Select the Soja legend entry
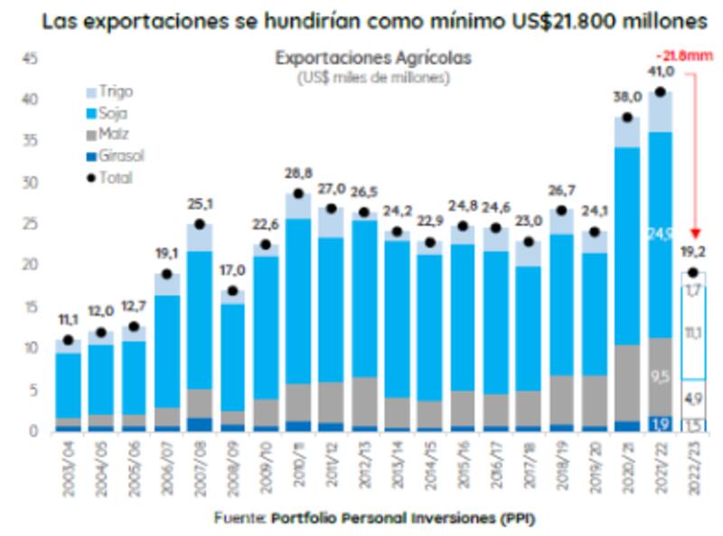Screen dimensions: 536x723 click(113, 113)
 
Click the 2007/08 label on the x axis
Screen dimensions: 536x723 click(200, 465)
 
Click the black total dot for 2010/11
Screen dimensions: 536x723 click(297, 193)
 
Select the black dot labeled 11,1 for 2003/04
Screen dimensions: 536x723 click(67, 340)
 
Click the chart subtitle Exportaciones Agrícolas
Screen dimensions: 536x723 click(373, 59)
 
